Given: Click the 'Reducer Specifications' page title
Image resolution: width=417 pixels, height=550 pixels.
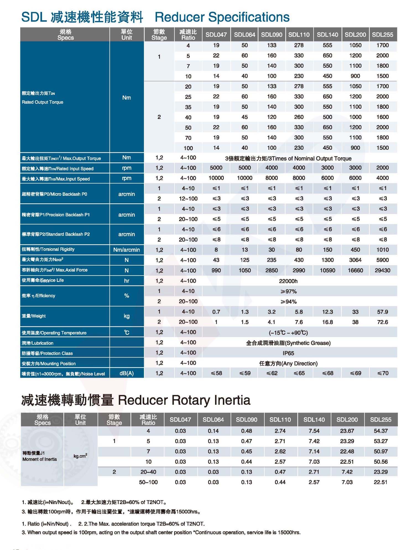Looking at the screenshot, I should (222, 17).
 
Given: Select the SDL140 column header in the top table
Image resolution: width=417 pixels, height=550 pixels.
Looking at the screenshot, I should (327, 35).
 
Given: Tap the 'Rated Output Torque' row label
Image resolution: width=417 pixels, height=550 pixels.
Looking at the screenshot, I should (43, 102).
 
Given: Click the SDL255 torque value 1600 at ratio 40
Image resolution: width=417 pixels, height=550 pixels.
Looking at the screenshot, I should (382, 117).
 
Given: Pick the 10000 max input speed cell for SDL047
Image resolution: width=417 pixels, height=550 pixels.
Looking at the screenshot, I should (216, 178).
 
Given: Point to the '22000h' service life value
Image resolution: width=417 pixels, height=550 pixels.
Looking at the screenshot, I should (288, 281).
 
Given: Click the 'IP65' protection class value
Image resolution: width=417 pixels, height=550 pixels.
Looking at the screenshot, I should (288, 353).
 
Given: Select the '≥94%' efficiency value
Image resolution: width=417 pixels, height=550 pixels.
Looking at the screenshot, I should (288, 302).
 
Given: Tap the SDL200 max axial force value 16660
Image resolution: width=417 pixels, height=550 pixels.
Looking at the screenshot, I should (355, 270).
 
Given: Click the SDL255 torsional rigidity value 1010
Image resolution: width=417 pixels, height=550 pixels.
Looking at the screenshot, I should (382, 250).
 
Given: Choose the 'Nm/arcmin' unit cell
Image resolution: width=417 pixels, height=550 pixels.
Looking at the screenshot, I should (127, 250).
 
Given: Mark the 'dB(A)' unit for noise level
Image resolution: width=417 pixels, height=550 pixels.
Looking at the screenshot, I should (127, 373).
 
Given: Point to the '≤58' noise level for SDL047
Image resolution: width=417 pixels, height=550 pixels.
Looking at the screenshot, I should (216, 373).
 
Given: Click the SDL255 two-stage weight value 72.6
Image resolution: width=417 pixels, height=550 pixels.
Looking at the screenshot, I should (382, 322).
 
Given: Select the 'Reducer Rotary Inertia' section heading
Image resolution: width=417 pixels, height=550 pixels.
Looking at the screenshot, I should (184, 400).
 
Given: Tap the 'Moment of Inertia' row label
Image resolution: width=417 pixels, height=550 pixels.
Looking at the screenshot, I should (40, 459).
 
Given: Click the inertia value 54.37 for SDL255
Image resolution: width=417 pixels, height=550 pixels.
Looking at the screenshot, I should (380, 431).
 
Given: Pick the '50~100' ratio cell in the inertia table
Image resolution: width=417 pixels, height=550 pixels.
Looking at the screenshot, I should (148, 482).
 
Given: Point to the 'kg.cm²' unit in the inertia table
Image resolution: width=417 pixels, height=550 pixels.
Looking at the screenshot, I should (80, 456).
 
